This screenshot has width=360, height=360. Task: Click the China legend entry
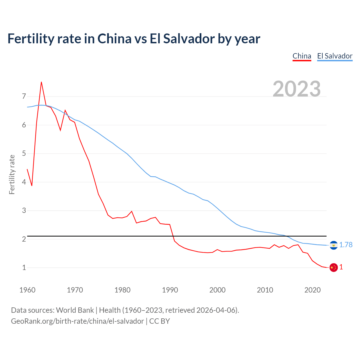pyautogui.click(x=302, y=56)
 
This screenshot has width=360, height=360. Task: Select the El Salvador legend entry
pyautogui.click(x=335, y=56)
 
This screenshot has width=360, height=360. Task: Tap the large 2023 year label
pyautogui.click(x=297, y=89)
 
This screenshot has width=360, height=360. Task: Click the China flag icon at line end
pyautogui.click(x=334, y=267)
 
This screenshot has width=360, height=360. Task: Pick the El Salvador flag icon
pyautogui.click(x=334, y=245)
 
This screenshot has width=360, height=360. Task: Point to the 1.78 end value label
pyautogui.click(x=346, y=245)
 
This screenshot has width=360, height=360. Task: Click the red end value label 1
pyautogui.click(x=341, y=267)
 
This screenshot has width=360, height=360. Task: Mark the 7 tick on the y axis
pyautogui.click(x=24, y=96)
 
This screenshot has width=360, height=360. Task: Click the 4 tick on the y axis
pyautogui.click(x=24, y=182)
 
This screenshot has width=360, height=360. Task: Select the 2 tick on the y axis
pyautogui.click(x=24, y=239)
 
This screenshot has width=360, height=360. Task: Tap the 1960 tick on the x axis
pyautogui.click(x=27, y=290)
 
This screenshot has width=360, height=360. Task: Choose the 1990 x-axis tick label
pyautogui.click(x=170, y=290)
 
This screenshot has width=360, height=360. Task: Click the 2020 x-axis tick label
pyautogui.click(x=312, y=290)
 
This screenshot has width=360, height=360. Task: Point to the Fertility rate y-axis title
pyautogui.click(x=12, y=174)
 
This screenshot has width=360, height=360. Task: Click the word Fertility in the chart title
pyautogui.click(x=30, y=39)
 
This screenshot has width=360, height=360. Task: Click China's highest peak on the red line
pyautogui.click(x=41, y=82)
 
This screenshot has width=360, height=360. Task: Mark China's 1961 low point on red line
pyautogui.click(x=32, y=186)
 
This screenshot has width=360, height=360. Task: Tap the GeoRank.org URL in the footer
pyautogui.click(x=77, y=321)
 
